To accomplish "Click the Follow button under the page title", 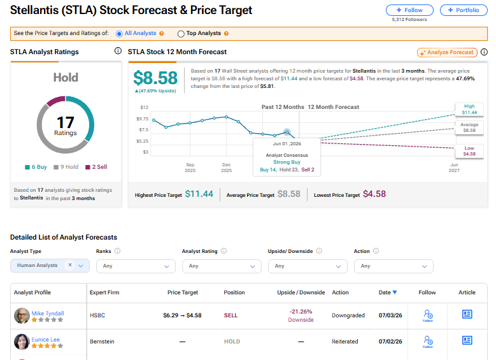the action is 409,10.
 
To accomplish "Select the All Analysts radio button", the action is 119,34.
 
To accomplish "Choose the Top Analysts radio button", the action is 181,34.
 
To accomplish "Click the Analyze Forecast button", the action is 447,52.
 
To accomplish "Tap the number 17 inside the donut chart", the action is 65,122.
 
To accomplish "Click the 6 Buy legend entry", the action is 36,167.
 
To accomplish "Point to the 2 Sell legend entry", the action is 97,167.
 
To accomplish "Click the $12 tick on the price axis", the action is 145,107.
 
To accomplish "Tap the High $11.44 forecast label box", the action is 469,109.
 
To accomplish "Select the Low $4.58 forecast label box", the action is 469,151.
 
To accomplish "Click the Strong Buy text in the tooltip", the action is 287,162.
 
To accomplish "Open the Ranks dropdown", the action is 136,266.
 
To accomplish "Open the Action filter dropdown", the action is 393,266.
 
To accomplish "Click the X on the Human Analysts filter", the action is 70,265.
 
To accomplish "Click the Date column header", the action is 388,292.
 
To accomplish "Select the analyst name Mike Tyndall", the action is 48,313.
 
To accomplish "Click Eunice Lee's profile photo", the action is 22,342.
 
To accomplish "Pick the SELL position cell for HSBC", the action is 230,315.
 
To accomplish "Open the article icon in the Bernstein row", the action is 467,340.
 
